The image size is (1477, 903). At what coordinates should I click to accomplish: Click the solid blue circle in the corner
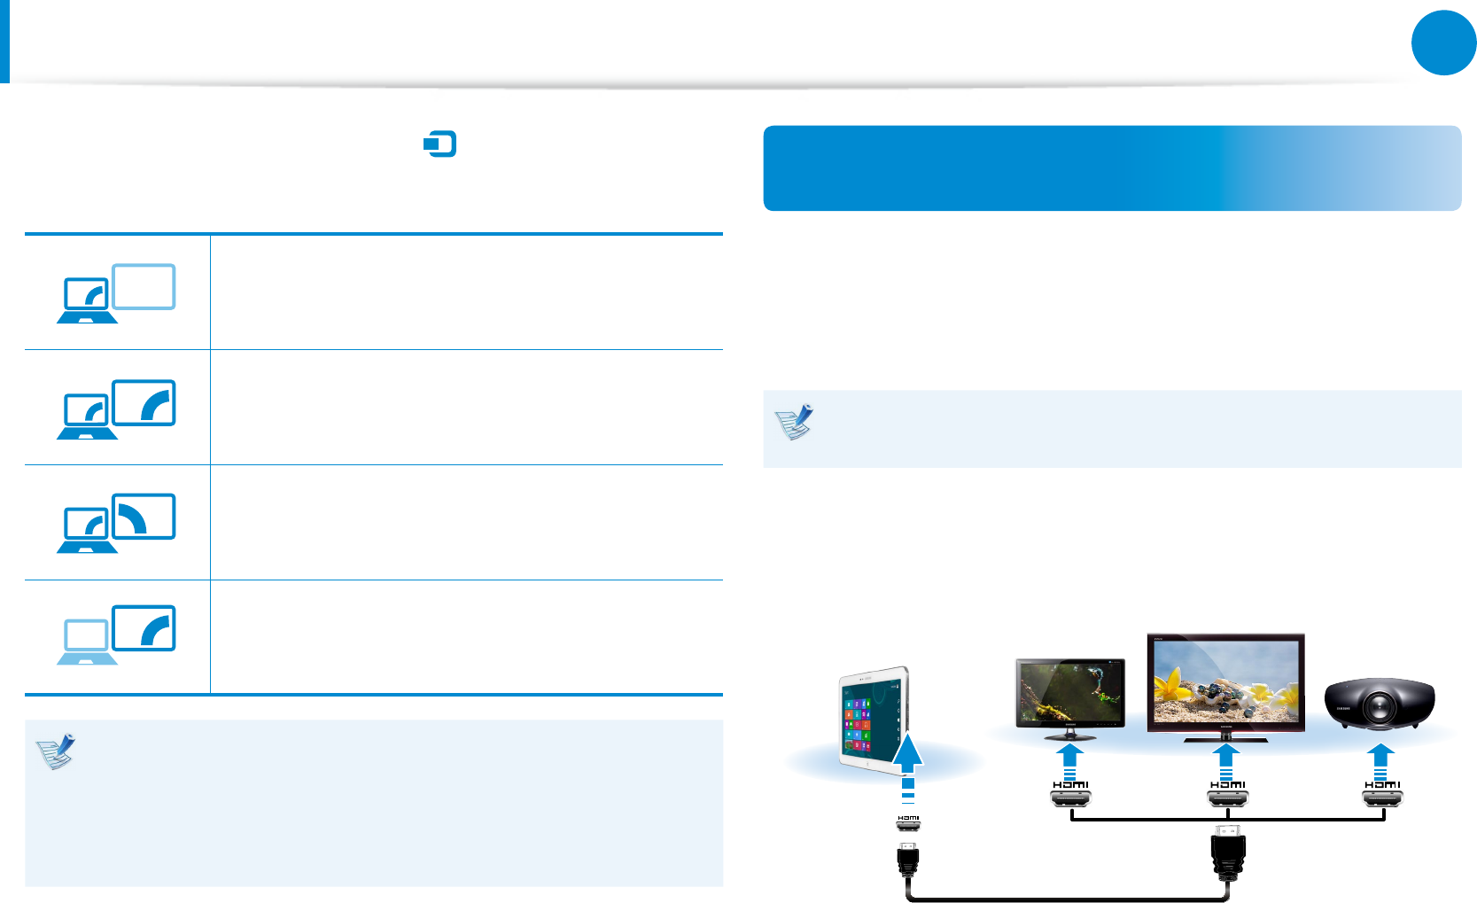coord(1443,43)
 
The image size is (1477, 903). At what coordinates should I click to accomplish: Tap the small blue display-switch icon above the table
coord(440,144)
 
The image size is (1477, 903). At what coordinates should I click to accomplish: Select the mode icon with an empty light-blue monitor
coord(117,292)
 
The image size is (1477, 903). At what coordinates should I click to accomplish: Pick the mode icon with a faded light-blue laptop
coord(117,634)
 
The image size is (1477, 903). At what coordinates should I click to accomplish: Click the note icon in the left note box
coord(56,751)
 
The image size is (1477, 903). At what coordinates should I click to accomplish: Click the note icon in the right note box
coord(794,423)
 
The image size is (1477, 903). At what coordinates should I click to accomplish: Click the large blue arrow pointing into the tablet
coord(907,753)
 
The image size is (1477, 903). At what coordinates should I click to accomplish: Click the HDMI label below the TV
coord(1227,784)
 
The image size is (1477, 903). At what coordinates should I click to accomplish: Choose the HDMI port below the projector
coord(1382,799)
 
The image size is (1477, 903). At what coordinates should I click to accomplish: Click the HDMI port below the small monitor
coord(1070,799)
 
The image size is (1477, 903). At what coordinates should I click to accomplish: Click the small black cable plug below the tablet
coord(908,859)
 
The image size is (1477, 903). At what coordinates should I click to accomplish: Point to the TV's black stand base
coord(1226,736)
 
